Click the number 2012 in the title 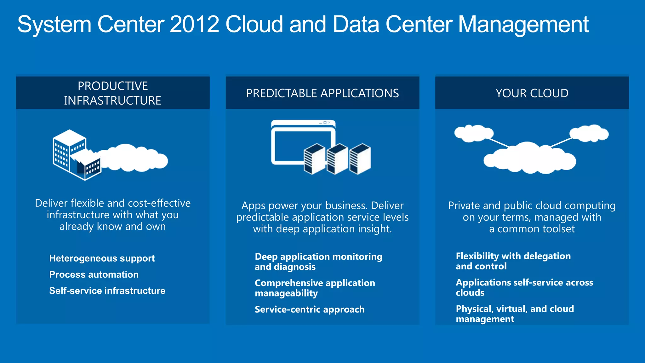coord(194,25)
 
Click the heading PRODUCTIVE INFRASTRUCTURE coord(113,93)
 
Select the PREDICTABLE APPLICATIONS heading coord(322,93)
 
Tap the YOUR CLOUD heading coord(532,93)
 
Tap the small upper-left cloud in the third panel coord(473,133)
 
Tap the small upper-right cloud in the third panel coord(589,133)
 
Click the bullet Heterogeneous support coord(102,258)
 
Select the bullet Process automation coord(94,274)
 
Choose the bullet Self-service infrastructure coord(107,291)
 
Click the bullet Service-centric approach coord(310,309)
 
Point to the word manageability coord(286,293)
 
